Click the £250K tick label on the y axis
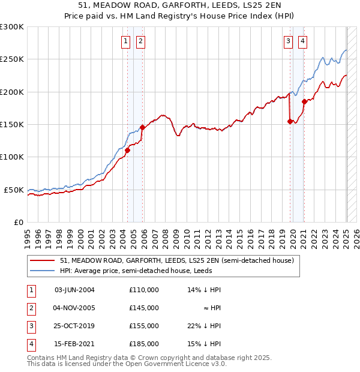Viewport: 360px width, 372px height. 12,59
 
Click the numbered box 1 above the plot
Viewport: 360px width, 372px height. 125,41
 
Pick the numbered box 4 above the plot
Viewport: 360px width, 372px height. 302,41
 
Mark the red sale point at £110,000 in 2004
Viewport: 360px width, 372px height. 127,151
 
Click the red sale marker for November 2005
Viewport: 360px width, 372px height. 142,127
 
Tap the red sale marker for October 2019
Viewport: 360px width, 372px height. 290,121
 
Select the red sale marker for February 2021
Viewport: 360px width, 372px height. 304,101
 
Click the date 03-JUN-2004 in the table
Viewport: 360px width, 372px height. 74,290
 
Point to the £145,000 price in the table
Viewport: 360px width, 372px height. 143,308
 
